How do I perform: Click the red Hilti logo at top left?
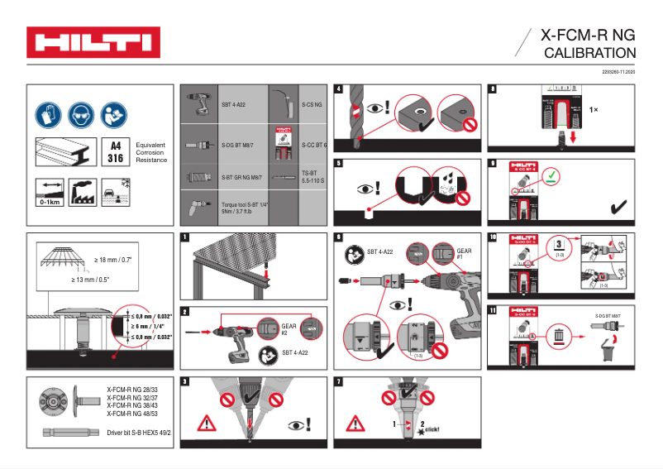pyautogui.click(x=93, y=43)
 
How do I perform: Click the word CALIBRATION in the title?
pyautogui.click(x=589, y=53)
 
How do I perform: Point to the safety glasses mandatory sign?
pyautogui.click(x=82, y=112)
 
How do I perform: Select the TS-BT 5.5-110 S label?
pyautogui.click(x=311, y=175)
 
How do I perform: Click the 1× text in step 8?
pyautogui.click(x=594, y=109)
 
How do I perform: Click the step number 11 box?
pyautogui.click(x=494, y=310)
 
